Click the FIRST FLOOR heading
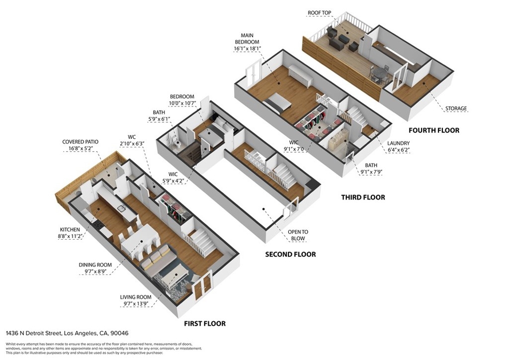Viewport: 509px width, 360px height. point(204,323)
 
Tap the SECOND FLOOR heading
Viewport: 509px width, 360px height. point(290,254)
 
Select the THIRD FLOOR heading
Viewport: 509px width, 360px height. point(363,197)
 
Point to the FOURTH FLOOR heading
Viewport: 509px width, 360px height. point(434,130)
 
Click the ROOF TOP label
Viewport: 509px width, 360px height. point(320,12)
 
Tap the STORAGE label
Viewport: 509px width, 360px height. point(456,108)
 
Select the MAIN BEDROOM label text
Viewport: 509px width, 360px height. point(247,39)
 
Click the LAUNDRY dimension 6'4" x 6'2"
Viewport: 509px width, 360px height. point(399,150)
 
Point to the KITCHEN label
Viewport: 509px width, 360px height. point(70,230)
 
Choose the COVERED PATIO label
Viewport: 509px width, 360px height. point(80,142)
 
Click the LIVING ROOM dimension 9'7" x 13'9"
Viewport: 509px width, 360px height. point(136,304)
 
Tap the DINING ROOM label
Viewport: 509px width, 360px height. point(95,265)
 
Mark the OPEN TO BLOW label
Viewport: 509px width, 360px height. point(298,235)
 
